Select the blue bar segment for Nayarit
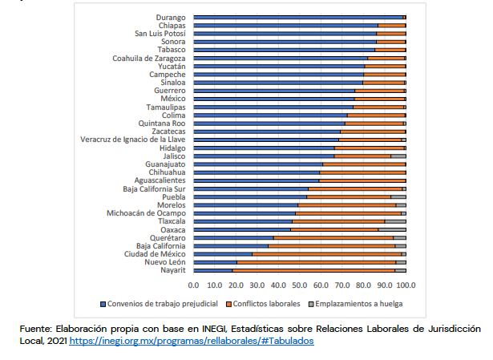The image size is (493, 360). click(x=212, y=271)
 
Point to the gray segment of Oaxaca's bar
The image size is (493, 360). click(x=392, y=229)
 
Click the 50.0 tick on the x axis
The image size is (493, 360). click(x=300, y=285)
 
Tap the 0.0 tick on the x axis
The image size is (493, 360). click(x=193, y=285)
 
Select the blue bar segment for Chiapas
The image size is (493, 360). click(x=285, y=26)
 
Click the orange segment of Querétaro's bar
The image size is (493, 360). click(x=333, y=237)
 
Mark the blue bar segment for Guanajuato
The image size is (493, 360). click(x=257, y=164)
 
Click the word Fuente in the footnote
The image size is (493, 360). click(x=33, y=329)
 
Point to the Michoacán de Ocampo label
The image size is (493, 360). click(x=146, y=213)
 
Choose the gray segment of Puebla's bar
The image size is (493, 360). click(x=398, y=196)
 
